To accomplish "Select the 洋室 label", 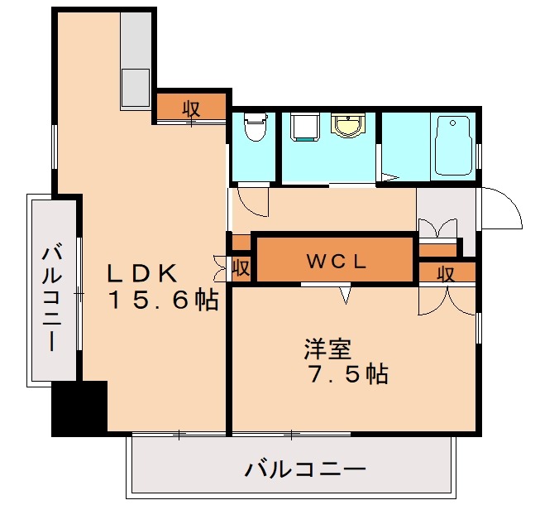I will (328, 348).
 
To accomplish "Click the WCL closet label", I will (337, 262).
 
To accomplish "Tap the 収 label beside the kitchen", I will (191, 108).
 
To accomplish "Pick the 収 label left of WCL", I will (241, 268).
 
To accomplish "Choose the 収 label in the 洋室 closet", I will (447, 273).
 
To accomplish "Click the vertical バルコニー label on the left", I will (52, 295).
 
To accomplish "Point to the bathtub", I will (452, 146).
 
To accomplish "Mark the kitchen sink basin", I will (135, 85).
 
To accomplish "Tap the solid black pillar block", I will (79, 407).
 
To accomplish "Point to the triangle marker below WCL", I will (345, 293).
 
